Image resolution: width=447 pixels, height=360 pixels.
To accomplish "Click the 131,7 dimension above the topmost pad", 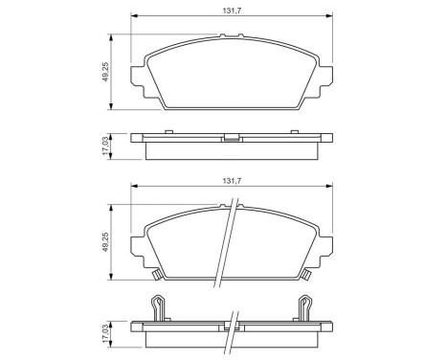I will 225,10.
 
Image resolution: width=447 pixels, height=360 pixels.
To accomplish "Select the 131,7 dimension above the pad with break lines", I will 225,178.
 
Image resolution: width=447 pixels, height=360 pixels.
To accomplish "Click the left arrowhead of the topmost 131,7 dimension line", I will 134,17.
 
